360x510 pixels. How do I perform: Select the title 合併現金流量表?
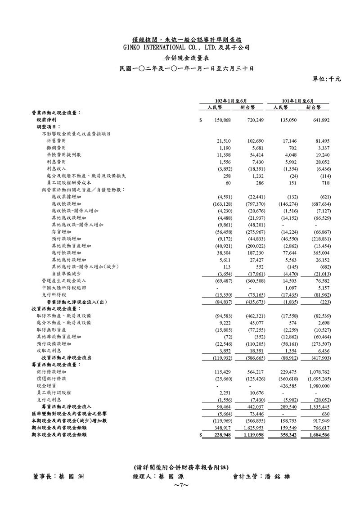[180, 58]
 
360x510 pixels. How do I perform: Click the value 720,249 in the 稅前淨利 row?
[258, 121]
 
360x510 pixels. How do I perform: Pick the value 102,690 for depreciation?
[258, 141]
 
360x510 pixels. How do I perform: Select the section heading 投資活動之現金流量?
[56, 308]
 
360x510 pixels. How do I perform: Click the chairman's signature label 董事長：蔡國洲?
[58, 476]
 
